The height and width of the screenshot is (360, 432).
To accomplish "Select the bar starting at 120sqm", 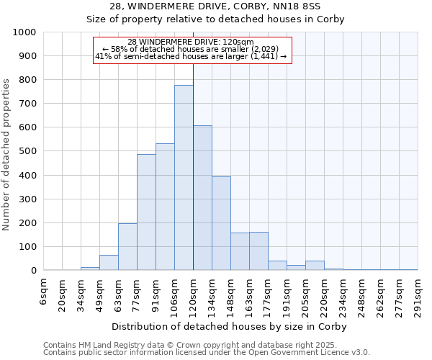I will coord(202,198).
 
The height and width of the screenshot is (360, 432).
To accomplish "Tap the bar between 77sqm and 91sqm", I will coord(146,212).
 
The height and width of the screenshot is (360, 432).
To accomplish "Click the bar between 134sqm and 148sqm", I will coord(221,223).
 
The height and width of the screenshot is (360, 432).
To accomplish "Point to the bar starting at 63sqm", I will coord(127,247).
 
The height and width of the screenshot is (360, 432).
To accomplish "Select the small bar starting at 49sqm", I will coord(109,263).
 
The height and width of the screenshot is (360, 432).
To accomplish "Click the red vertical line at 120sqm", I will coord(193,166).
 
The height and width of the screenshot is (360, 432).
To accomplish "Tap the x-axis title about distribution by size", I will coord(230,327).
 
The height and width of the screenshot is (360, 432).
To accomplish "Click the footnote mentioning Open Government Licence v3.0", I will coord(206,352).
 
